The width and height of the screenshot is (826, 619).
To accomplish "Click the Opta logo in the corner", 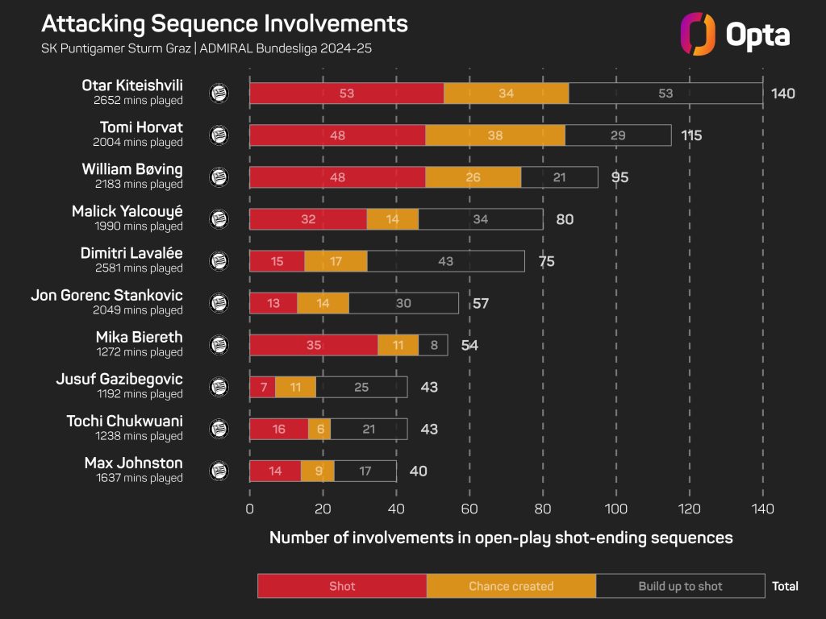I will click(x=735, y=34).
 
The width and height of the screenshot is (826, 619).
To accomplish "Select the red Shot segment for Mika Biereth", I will click(x=314, y=345).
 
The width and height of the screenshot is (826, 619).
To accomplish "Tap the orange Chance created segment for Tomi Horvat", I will click(x=495, y=135).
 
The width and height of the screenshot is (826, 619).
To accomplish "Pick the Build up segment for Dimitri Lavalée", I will click(x=446, y=261).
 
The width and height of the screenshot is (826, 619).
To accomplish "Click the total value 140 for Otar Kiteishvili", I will click(x=782, y=93).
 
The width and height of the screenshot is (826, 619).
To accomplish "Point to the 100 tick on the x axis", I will click(x=616, y=509).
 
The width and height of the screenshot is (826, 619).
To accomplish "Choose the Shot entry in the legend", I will click(x=342, y=586).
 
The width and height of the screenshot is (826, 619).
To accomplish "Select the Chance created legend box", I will click(x=511, y=586).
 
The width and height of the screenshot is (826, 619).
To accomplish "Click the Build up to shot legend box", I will click(x=680, y=586).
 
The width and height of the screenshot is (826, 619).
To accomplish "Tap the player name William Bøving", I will click(x=131, y=169).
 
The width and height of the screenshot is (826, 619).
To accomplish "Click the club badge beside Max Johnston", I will click(x=219, y=471).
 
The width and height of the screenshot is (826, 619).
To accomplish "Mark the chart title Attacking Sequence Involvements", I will click(x=224, y=23).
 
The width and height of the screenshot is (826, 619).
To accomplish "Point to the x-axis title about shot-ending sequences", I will click(x=501, y=538).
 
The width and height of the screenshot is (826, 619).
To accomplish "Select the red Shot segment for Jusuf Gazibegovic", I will click(x=262, y=387).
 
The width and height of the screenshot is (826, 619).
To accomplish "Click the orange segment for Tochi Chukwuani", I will click(x=319, y=429).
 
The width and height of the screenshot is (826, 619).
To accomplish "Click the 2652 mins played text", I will click(x=137, y=101).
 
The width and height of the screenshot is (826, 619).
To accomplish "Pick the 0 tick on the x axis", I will click(x=249, y=509).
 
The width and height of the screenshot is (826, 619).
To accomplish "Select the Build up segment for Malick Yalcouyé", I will click(x=481, y=219).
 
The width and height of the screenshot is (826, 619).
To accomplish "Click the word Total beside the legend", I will click(x=785, y=586).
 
